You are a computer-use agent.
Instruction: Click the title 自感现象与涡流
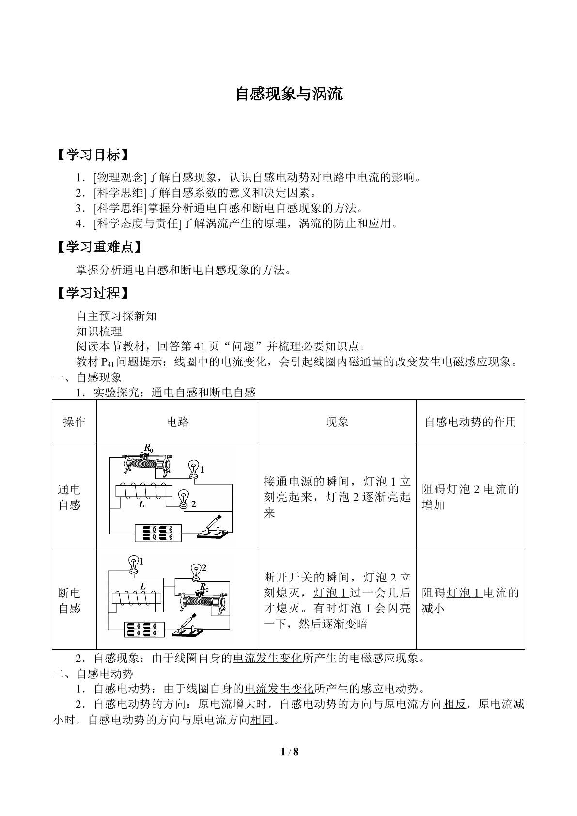[x=289, y=94]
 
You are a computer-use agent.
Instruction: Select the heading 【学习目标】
[x=93, y=155]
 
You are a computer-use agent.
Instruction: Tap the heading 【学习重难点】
[x=99, y=247]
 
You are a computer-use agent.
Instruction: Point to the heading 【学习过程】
[x=93, y=293]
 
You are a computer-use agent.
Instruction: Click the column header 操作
[x=74, y=422]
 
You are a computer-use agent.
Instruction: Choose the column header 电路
[x=177, y=422]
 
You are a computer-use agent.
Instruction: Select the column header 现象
[x=337, y=422]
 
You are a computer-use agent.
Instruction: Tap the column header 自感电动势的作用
[x=470, y=422]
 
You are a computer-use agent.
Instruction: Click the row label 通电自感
[x=69, y=497]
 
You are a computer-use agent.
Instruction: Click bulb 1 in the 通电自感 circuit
[x=193, y=469]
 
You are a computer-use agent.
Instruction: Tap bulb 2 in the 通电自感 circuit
[x=183, y=499]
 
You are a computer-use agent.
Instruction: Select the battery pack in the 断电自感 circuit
[x=144, y=629]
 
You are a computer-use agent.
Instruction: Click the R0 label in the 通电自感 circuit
[x=148, y=448]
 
